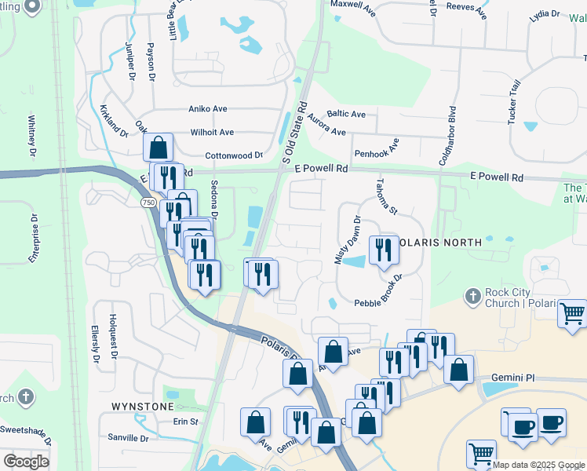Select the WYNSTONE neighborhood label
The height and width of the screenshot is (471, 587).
coord(143,407)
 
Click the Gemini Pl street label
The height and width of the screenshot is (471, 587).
coord(512,378)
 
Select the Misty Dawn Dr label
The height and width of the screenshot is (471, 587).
coord(347,239)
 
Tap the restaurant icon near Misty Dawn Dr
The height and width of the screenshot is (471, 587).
coord(384,250)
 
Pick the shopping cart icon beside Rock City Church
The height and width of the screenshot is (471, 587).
coord(573,314)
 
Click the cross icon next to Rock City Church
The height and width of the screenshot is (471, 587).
coord(472,297)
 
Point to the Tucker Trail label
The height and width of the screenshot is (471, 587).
coord(514,101)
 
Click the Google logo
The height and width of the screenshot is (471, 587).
coord(27,462)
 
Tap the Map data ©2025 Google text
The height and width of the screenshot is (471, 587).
coord(539,465)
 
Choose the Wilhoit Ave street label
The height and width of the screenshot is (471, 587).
coord(211,133)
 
